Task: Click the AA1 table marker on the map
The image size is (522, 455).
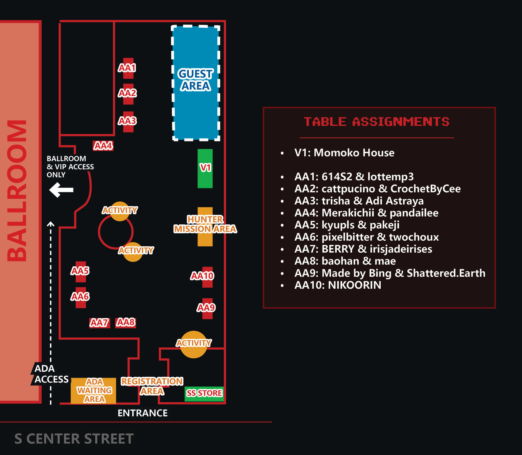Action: coord(127,68)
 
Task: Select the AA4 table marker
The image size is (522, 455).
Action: coord(103,146)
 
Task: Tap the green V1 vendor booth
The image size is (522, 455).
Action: coord(205,168)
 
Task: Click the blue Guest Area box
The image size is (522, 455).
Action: coord(196,83)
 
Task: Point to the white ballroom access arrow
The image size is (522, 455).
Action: coord(61,190)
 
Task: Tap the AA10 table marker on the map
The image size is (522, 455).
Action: coord(203,276)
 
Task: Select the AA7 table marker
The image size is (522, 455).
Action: coord(99,323)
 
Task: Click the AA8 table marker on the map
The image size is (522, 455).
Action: coord(126,323)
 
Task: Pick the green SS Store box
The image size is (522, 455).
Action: coord(204,393)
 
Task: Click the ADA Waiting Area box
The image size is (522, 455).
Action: coord(93,391)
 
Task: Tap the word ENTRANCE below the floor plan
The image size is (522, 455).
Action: coord(142,413)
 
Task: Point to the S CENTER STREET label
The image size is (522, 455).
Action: coord(74,438)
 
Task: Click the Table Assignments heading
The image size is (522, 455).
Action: coord(376,122)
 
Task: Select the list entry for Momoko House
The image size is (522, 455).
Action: coord(344,153)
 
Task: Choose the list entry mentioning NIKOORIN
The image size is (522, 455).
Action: coord(338,285)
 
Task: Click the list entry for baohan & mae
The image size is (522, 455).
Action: coord(345,261)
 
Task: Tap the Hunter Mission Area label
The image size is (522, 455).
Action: coord(205,224)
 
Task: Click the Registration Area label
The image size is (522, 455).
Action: coord(152,386)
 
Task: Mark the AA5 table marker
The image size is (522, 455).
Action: coord(80,271)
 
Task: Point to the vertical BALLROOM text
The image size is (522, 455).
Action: coord(17,191)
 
